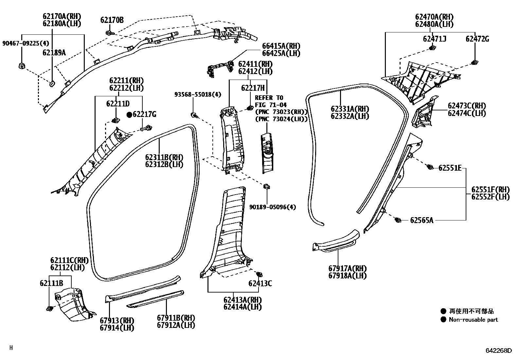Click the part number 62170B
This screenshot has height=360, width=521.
tap(112, 20)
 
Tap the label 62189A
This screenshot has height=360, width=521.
tap(54, 52)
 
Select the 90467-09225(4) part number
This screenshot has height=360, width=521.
tap(26, 43)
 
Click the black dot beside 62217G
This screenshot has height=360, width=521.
tap(129, 115)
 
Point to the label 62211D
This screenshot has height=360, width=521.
tap(118, 104)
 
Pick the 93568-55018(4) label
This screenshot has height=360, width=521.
tap(198, 95)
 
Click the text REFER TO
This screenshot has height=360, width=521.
tap(269, 98)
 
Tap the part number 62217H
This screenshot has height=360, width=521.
tap(253, 88)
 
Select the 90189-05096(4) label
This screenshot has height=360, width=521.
tap(273, 207)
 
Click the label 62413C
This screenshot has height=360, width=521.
tap(260, 283)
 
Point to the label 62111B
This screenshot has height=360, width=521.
tap(51, 283)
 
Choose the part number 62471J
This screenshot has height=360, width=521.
tap(435, 39)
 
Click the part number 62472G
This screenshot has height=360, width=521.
tap(477, 39)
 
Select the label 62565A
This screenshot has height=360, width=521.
tap(422, 220)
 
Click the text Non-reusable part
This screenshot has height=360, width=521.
tap(473, 320)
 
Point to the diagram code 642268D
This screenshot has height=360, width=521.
tap(498, 351)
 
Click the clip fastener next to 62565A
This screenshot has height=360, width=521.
tap(398, 220)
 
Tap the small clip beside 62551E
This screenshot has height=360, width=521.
tap(430, 167)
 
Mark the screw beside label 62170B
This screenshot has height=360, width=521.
tap(109, 32)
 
